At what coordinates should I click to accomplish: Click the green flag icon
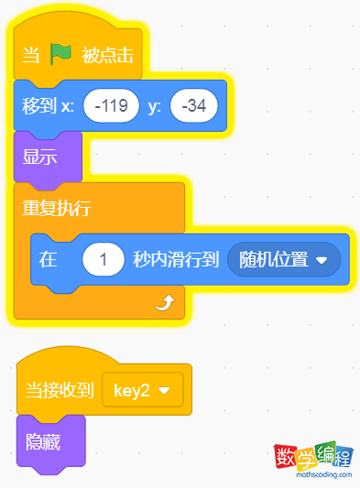(60, 55)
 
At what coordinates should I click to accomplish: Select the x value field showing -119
(111, 106)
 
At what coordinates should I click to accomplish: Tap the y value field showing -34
(193, 106)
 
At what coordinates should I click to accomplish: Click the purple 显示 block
(40, 157)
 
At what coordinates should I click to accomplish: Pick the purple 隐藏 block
(44, 440)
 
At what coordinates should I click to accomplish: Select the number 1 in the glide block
(104, 259)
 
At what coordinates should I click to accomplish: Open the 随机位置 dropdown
(283, 259)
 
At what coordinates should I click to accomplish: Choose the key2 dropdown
(142, 391)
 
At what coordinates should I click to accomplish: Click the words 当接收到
(58, 391)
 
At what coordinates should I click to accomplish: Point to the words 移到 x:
(48, 106)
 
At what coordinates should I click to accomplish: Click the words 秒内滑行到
(176, 259)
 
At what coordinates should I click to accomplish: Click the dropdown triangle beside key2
(165, 392)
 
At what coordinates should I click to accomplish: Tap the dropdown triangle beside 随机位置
(322, 260)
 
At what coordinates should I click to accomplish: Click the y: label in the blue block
(155, 106)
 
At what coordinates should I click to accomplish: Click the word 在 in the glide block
(48, 259)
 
